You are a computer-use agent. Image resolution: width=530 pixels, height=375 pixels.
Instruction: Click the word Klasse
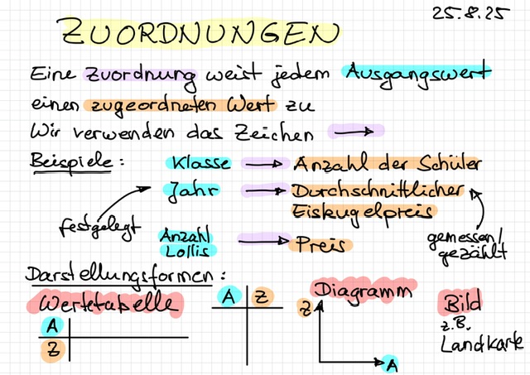click(x=199, y=163)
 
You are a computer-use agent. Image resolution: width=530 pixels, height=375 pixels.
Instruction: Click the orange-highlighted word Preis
click(x=320, y=244)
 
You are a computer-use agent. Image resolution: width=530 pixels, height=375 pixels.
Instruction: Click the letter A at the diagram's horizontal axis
click(x=392, y=363)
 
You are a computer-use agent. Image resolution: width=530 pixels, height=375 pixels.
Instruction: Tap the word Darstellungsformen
click(x=125, y=274)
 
